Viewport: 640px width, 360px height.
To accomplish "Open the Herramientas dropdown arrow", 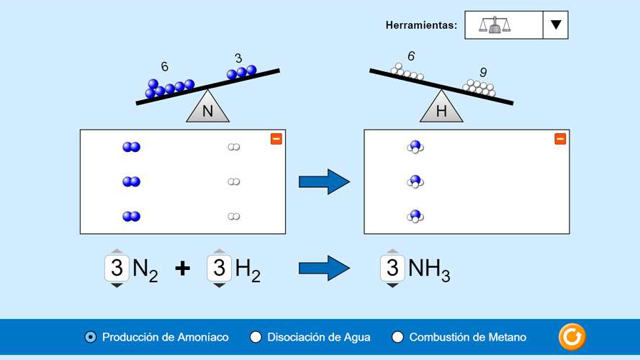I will tap(555, 24).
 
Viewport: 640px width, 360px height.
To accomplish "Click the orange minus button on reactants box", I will tap(276, 139).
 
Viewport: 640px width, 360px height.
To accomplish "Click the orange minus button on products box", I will tap(560, 139).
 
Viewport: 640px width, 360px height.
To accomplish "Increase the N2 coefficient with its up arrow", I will tap(117, 251).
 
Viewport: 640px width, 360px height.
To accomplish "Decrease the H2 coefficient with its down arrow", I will tap(219, 286).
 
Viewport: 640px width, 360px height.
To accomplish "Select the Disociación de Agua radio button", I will tap(256, 337).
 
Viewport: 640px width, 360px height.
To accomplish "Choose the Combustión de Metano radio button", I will tap(397, 337).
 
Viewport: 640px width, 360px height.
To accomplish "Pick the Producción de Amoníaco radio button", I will tap(90, 337).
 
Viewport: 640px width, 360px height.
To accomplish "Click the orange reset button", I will tap(572, 336).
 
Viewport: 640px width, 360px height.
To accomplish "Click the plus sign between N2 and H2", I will tap(183, 269).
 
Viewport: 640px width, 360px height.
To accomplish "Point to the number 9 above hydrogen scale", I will tap(483, 72).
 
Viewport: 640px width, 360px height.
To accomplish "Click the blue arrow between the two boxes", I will tap(324, 181).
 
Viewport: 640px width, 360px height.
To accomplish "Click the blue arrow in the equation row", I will tap(324, 268).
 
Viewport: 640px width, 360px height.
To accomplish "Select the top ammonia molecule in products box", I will tap(415, 147).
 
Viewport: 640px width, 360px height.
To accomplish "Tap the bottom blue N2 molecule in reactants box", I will tap(131, 216).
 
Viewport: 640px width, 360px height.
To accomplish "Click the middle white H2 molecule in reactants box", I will tap(233, 181).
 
